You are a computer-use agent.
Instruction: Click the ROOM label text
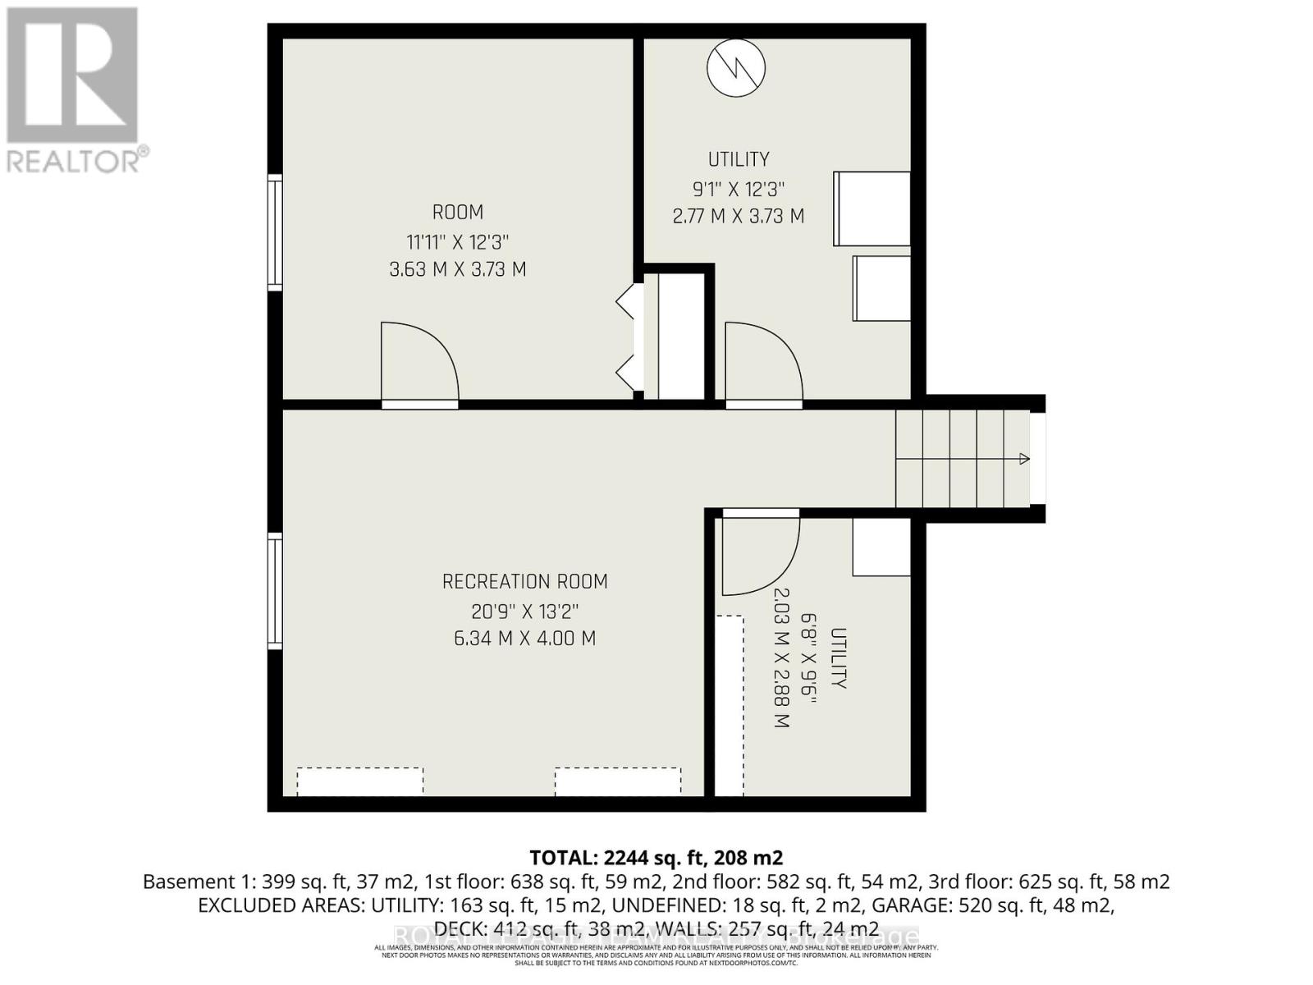[x=457, y=213]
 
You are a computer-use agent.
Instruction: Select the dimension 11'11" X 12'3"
[x=457, y=242]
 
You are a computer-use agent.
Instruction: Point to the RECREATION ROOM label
[x=524, y=582]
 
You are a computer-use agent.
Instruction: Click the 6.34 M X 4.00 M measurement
[x=524, y=639]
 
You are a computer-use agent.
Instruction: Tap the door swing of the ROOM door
[x=418, y=361]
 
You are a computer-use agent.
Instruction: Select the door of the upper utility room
[x=762, y=363]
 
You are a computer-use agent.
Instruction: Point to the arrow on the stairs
[x=1023, y=459]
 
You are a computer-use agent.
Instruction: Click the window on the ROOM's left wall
[x=276, y=231]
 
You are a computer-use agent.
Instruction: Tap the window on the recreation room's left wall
[x=276, y=590]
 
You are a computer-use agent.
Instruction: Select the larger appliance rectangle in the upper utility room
[x=872, y=208]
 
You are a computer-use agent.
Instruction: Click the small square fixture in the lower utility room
[x=881, y=547]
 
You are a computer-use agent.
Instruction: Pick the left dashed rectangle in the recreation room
[x=359, y=781]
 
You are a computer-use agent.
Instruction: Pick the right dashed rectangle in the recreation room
[x=617, y=781]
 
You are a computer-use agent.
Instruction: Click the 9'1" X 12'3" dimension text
[x=738, y=189]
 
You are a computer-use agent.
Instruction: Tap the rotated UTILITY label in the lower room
[x=838, y=658]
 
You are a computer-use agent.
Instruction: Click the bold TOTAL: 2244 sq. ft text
[x=656, y=858]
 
